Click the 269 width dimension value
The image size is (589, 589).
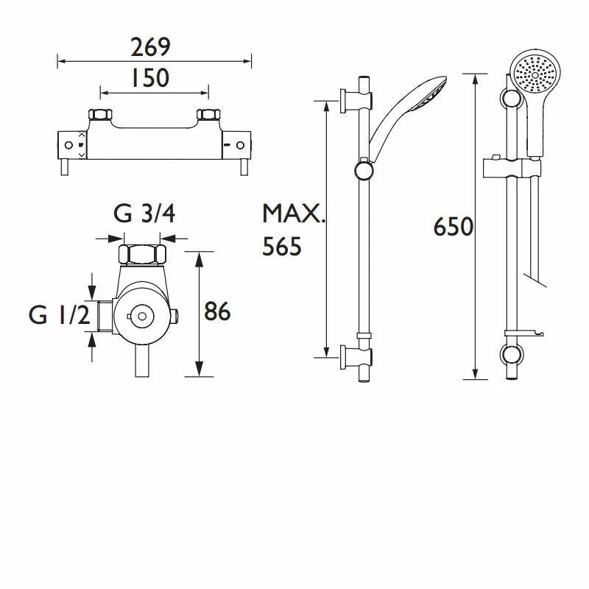coord(150,47)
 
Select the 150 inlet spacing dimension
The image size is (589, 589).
coord(149,77)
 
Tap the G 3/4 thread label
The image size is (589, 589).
coord(144,214)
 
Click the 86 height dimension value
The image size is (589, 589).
coord(217,312)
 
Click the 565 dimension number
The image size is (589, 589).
coord(283,247)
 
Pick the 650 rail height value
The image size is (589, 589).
coord(453,228)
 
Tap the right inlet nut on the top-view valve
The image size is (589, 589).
coord(209,116)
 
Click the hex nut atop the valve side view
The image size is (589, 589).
coord(144,255)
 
